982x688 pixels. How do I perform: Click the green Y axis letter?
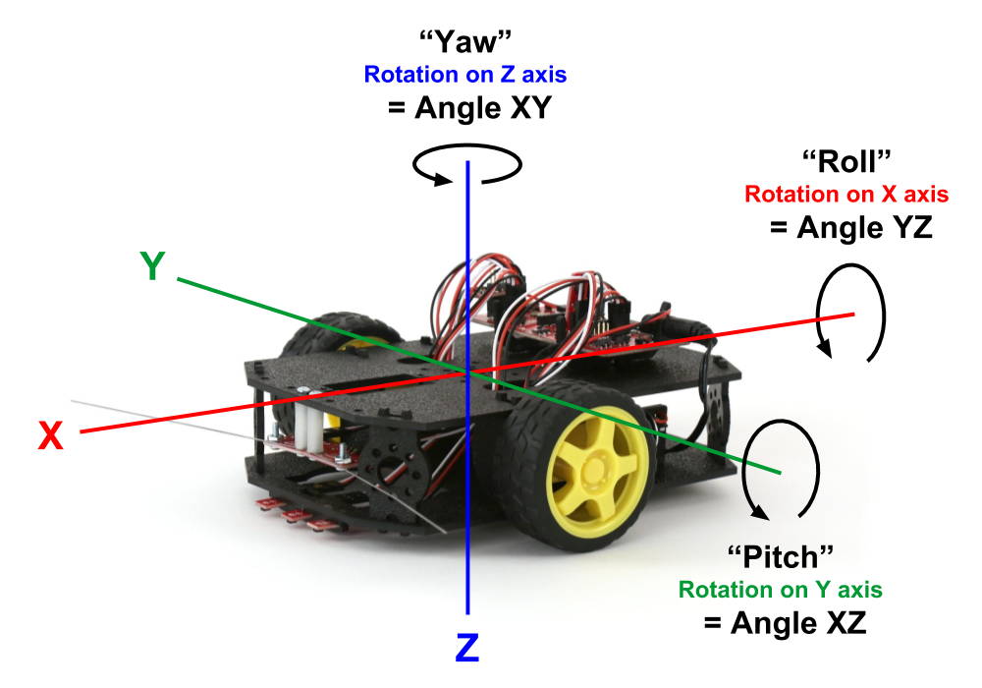[152, 266]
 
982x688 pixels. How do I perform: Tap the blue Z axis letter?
[467, 648]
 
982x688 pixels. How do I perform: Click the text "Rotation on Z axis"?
[465, 75]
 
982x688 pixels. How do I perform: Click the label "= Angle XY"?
[470, 108]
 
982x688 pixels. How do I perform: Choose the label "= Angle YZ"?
[850, 227]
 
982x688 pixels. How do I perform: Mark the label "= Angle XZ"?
[786, 623]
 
